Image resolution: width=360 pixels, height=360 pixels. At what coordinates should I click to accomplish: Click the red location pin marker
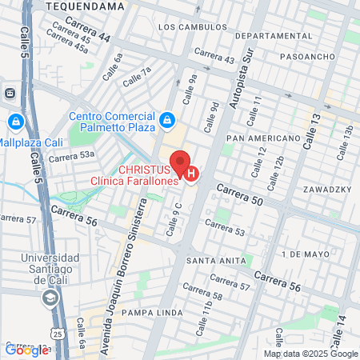(x=180, y=161)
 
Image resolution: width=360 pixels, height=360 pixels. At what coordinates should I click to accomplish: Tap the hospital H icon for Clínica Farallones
(x=191, y=172)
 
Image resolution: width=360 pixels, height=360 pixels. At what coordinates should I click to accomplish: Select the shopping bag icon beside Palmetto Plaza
(x=166, y=122)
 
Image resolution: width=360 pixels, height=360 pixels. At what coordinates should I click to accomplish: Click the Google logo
(x=26, y=350)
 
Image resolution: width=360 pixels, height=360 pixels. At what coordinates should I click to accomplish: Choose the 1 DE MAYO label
(x=306, y=254)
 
